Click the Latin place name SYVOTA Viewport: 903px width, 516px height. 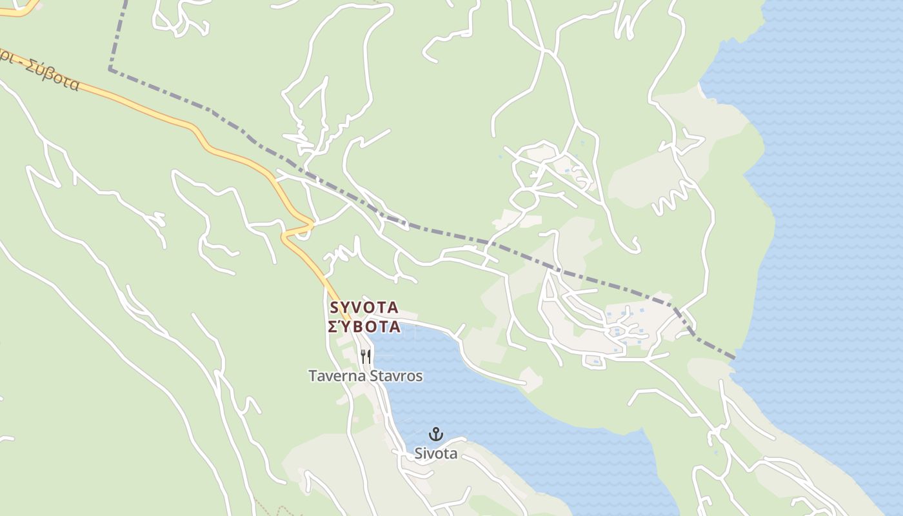(x=364, y=308)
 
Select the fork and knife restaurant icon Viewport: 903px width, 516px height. (x=366, y=356)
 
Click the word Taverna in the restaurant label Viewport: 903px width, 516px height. (x=335, y=376)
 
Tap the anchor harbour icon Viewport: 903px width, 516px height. (x=436, y=433)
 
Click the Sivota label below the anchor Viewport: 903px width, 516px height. (x=436, y=453)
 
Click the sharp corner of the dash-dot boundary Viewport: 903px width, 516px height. (x=111, y=68)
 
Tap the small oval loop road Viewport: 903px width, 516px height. (x=525, y=198)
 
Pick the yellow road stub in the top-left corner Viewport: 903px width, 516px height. (x=19, y=10)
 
